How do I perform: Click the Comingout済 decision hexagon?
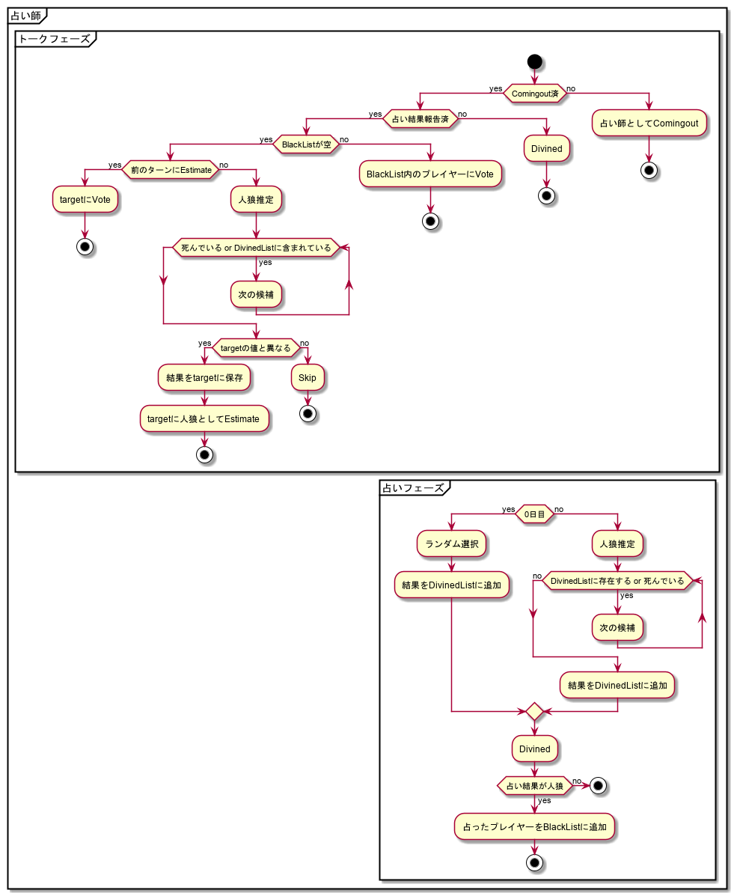(x=534, y=94)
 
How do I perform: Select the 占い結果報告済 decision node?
(x=420, y=119)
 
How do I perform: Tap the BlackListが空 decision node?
(x=306, y=144)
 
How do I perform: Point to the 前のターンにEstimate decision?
(x=171, y=170)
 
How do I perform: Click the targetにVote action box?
(x=85, y=200)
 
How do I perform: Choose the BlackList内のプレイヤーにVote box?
(x=430, y=174)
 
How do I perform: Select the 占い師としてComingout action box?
(x=649, y=122)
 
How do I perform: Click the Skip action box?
(x=308, y=378)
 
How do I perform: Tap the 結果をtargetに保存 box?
(x=204, y=378)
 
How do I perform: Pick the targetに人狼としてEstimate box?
(x=204, y=418)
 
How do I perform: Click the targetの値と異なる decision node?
(x=256, y=348)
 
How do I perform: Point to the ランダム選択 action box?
(x=451, y=544)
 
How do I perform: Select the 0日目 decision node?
(x=534, y=514)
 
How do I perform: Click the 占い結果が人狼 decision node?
(x=534, y=785)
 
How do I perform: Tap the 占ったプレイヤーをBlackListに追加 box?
(x=534, y=826)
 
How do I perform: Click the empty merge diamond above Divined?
(x=534, y=710)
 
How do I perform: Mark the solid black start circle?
(x=534, y=61)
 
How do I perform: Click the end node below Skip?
(x=308, y=412)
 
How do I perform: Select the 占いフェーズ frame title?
(x=412, y=488)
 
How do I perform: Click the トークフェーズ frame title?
(x=54, y=39)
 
